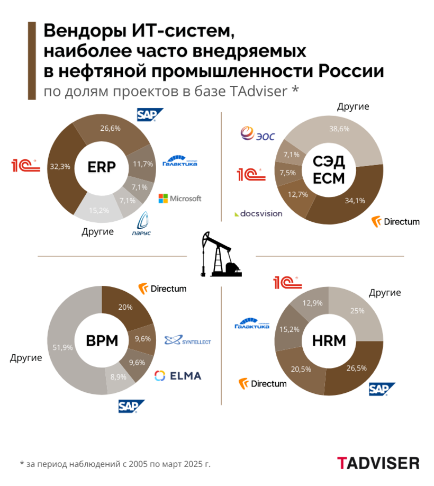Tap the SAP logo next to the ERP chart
[150, 115]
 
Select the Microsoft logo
[180, 199]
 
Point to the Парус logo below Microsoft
[143, 224]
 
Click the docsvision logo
[258, 214]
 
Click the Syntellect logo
[187, 341]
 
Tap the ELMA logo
[177, 376]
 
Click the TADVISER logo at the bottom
[378, 463]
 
